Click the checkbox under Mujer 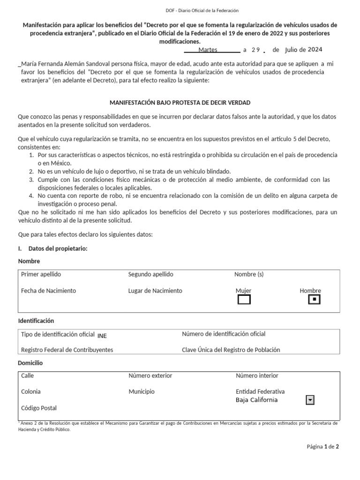pos(244,299)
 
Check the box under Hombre pos(314,299)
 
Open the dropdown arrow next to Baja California pos(309,400)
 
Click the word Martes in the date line pos(208,50)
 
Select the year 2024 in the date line pos(315,50)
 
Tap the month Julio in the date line pos(294,50)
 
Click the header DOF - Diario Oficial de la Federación pos(180,10)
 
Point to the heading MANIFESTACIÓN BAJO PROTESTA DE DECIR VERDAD pos(180,102)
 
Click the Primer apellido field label pos(41,274)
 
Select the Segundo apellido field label pos(150,274)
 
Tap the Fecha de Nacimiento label pos(48,291)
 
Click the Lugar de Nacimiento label pos(155,291)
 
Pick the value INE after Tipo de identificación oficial pos(102,335)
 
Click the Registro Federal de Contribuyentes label pos(67,350)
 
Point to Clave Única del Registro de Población pos(231,350)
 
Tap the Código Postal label pos(39,408)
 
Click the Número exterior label pos(150,375)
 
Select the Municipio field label pos(141,391)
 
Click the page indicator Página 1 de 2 pos(322,447)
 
